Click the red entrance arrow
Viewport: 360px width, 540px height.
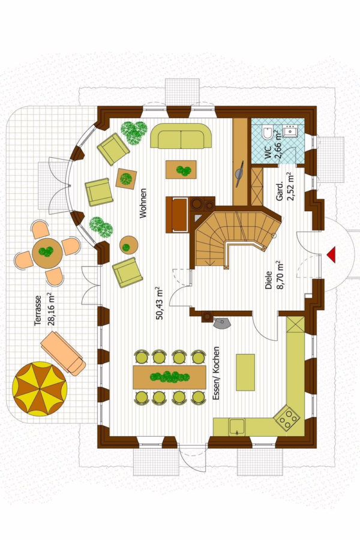click(332, 255)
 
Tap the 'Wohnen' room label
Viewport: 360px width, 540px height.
click(143, 203)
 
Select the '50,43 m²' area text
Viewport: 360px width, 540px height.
click(160, 304)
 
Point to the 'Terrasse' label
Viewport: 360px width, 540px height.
click(38, 310)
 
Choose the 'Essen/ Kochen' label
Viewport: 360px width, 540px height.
click(216, 373)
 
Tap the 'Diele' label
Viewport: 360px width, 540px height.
click(269, 280)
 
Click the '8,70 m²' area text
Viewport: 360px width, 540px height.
click(280, 275)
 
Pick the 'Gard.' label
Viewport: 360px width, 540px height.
click(280, 191)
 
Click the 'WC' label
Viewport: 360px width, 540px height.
click(268, 152)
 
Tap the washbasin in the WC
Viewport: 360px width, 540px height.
click(291, 131)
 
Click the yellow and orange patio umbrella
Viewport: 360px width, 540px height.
click(40, 389)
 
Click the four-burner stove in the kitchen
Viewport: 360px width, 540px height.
click(287, 418)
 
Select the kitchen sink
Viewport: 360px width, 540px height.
click(237, 427)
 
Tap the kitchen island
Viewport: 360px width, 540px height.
click(245, 372)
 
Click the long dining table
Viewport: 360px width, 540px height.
click(169, 377)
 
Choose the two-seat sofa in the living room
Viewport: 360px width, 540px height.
click(181, 136)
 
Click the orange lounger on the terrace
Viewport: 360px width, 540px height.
click(63, 353)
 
